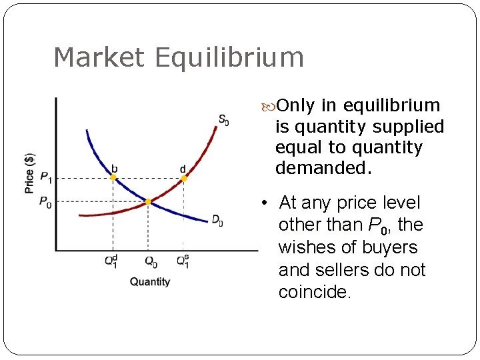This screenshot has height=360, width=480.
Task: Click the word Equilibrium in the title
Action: coord(229,58)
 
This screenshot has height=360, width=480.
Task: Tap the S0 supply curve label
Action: coord(224,120)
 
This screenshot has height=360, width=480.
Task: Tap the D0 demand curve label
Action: coord(217,220)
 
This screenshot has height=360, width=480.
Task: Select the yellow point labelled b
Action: coord(113,177)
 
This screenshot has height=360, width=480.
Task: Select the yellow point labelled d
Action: coord(184,178)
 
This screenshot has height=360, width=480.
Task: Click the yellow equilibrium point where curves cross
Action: coord(148,201)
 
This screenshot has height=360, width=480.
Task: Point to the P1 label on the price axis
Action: coord(45,177)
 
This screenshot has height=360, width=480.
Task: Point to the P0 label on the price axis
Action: coord(45,202)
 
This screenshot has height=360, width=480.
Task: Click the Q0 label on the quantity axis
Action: coord(151,261)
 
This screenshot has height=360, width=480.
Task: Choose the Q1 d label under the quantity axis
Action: coord(111,261)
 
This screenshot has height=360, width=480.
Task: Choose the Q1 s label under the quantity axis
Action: coord(182,261)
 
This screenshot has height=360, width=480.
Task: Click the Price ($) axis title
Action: coord(29,173)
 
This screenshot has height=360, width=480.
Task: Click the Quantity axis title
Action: coord(150,281)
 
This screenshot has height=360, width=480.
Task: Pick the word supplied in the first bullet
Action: coord(413,127)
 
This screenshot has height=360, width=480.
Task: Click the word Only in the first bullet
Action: coord(296,105)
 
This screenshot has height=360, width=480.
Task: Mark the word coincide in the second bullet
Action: coord(314,292)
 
